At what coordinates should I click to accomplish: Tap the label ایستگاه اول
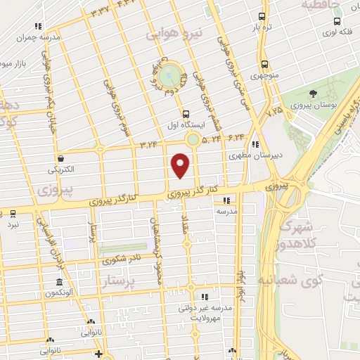tap(185, 124)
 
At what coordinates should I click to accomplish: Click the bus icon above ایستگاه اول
tap(186, 113)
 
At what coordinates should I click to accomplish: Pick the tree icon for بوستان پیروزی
tap(314, 93)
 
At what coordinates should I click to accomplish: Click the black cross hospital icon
tap(99, 353)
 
